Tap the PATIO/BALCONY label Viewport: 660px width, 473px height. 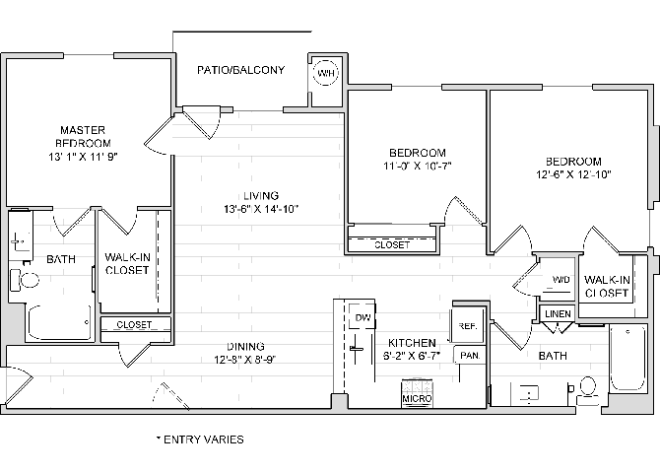click(241, 70)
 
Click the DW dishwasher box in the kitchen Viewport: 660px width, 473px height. click(362, 318)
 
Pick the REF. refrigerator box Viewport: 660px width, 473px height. click(466, 325)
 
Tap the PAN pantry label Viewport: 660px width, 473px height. click(469, 355)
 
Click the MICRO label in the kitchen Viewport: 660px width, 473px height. click(417, 398)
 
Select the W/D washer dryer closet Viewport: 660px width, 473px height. click(560, 280)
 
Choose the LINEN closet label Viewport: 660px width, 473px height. click(558, 313)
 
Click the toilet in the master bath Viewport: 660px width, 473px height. click(30, 280)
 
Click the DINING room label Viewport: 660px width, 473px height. click(244, 345)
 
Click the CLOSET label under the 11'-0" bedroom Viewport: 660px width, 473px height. click(392, 244)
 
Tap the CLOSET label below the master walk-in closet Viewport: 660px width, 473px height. click(134, 324)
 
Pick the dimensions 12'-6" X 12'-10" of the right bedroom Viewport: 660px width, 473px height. click(574, 174)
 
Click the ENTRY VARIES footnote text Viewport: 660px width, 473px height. click(200, 439)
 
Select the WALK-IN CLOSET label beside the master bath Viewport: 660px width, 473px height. click(127, 263)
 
